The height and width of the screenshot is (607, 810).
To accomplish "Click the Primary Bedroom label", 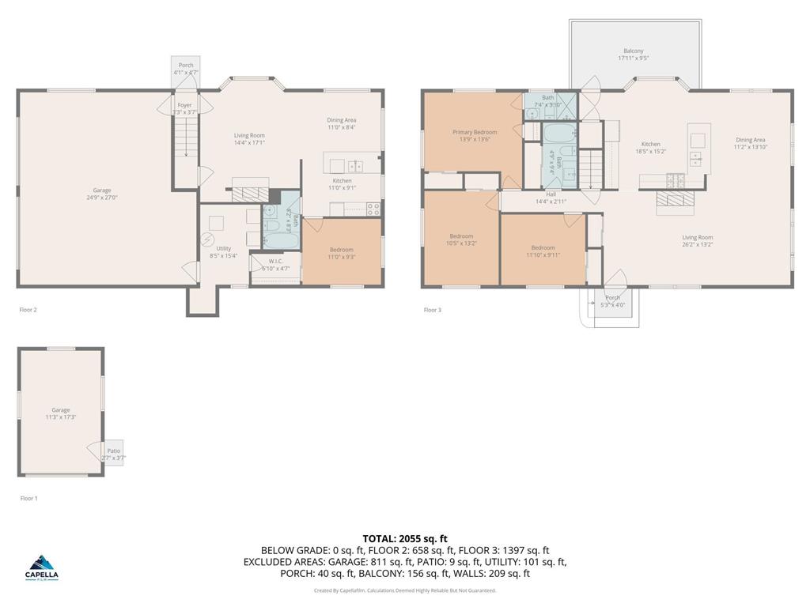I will [475, 132].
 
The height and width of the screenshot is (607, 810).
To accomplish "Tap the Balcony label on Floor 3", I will [633, 51].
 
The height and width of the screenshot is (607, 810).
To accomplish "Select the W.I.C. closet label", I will [275, 262].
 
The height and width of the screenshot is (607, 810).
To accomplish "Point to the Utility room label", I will [224, 249].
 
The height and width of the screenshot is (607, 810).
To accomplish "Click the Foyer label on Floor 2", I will [184, 105].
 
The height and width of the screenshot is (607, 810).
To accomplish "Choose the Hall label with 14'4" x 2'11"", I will [551, 194].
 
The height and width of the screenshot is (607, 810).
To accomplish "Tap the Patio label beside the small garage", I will [114, 451].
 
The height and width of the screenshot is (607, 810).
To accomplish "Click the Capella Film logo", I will [42, 566].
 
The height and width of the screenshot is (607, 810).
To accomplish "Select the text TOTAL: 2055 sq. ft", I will [405, 538].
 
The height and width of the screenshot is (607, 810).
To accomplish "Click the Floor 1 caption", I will [28, 498].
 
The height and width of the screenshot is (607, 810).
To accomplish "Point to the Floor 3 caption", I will [432, 310].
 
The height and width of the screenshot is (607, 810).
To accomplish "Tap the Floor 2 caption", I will [28, 310].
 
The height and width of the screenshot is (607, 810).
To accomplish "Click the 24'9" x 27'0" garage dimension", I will [102, 198].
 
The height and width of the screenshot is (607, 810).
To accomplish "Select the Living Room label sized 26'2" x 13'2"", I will [698, 237].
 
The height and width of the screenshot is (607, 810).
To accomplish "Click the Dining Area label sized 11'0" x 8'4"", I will [342, 120].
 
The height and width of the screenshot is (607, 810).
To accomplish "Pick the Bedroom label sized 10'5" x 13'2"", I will [461, 236].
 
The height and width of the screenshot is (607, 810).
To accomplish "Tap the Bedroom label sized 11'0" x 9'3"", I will [342, 250].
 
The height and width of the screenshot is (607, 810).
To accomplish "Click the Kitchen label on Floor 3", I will [650, 145].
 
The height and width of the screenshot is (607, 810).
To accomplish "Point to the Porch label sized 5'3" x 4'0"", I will [612, 298].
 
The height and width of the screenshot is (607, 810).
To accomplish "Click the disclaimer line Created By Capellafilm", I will [405, 590].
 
